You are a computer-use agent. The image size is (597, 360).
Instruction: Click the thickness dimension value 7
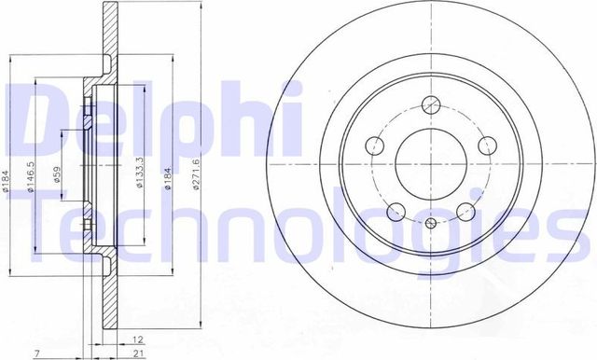click(35, 353)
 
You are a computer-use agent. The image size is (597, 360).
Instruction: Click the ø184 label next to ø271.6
click(167, 174)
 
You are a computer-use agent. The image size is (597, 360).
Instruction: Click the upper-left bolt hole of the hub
click(373, 145)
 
